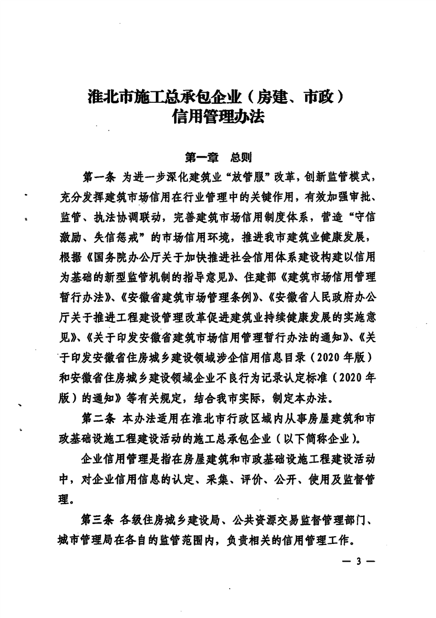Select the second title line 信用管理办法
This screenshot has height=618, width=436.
coord(218,118)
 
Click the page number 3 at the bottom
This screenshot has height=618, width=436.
coord(358,562)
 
